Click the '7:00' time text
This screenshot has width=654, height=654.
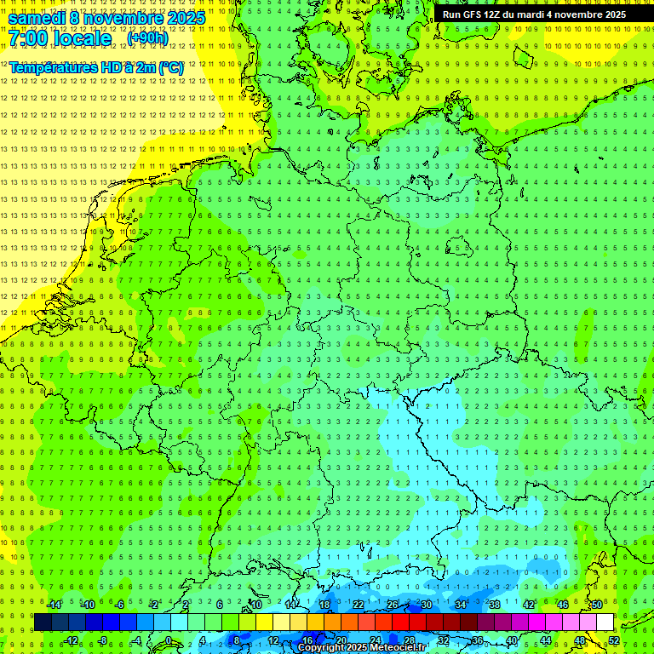[31, 38]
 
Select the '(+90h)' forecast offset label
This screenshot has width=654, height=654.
[147, 38]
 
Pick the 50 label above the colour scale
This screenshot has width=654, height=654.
[597, 605]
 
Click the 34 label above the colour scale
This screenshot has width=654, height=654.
[461, 605]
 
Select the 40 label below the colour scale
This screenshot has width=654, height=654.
[512, 640]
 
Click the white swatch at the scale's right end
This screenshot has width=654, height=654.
[605, 622]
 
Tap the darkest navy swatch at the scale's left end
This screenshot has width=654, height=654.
[43, 622]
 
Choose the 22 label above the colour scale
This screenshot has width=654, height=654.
[359, 605]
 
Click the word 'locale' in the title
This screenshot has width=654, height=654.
[80, 38]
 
